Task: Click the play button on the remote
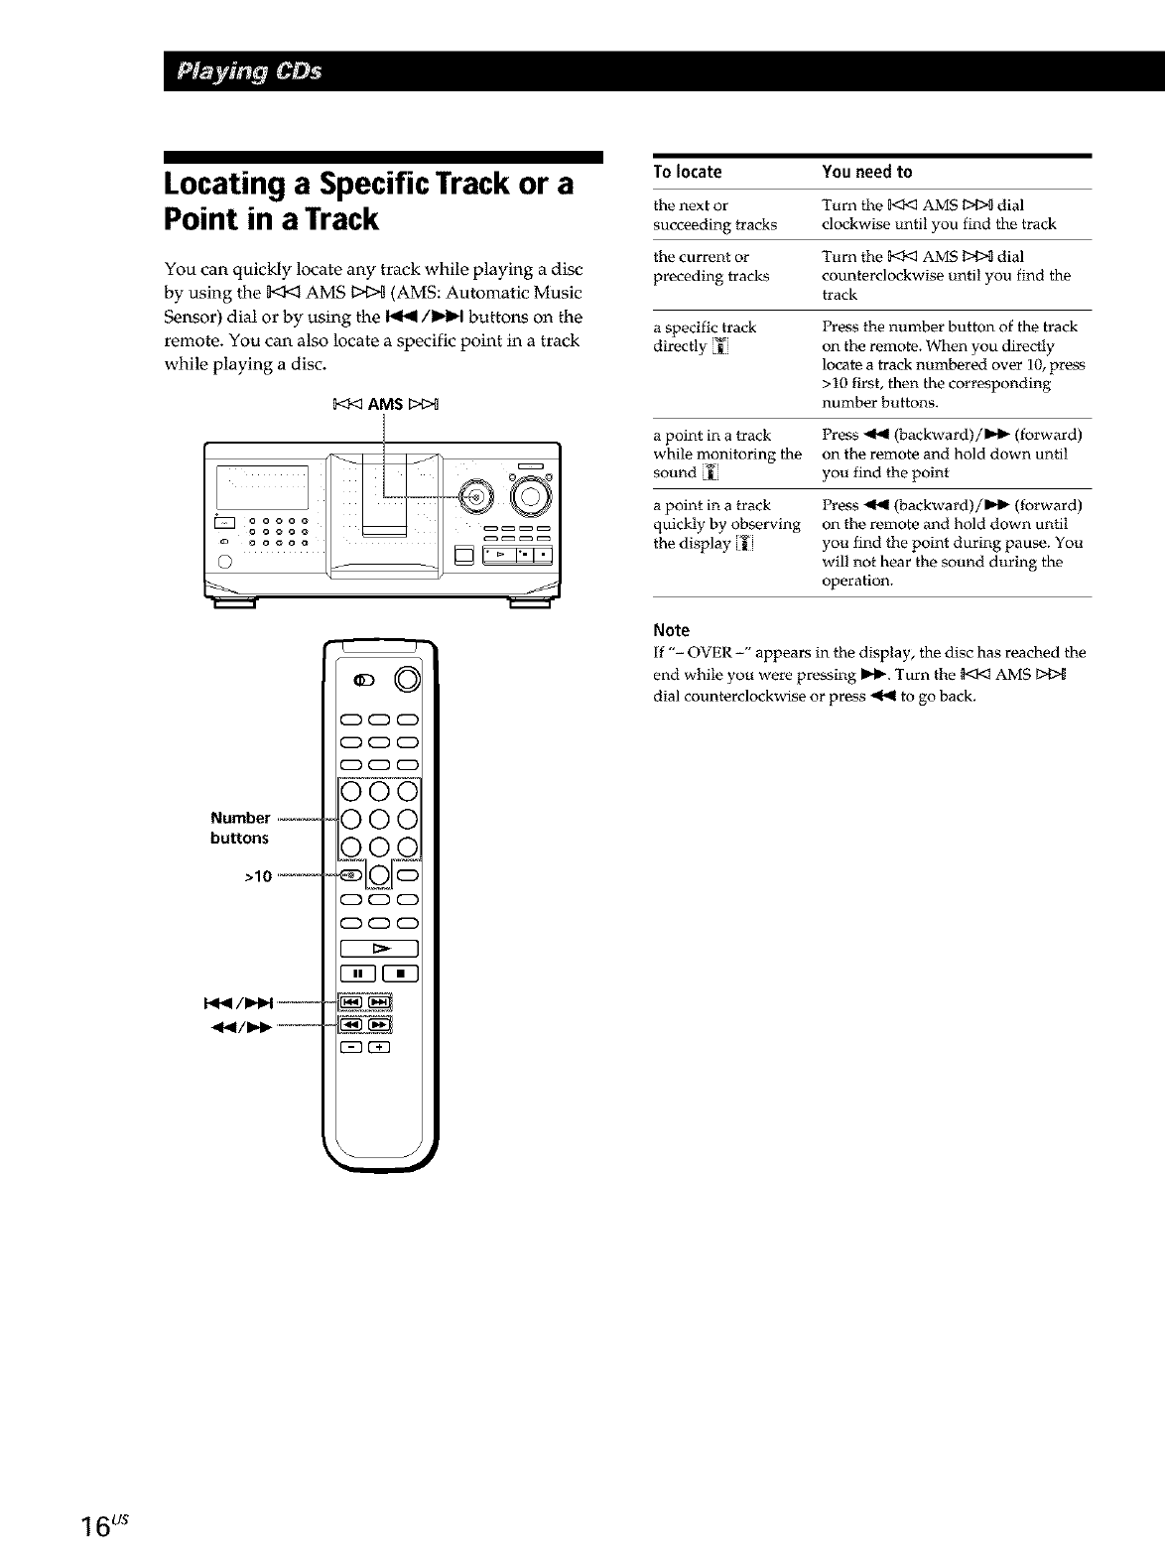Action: tap(379, 948)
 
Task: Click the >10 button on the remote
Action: tap(352, 875)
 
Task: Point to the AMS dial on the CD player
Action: tap(474, 495)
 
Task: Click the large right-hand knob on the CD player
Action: tap(529, 496)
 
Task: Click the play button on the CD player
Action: tap(501, 554)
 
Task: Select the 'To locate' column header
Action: tap(687, 172)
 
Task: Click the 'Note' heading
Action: tap(671, 630)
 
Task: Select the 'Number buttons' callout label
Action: tap(240, 828)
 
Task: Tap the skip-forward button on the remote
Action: tap(379, 1001)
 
